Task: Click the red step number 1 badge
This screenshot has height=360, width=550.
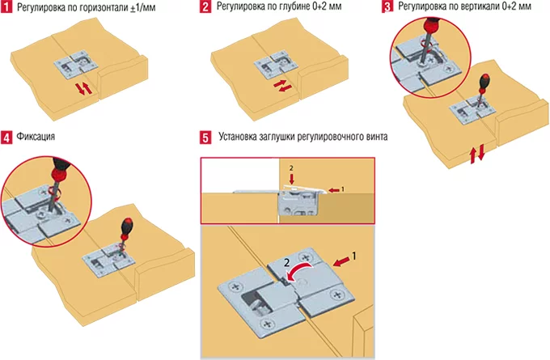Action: (x=7, y=7)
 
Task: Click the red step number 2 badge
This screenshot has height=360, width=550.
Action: (x=205, y=7)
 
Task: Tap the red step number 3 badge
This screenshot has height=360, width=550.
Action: (x=388, y=7)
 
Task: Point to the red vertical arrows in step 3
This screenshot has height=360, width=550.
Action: (x=478, y=152)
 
